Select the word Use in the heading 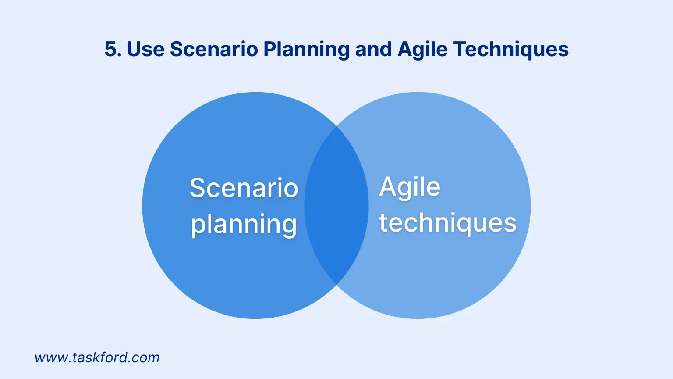tap(146, 49)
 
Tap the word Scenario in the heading tap(214, 49)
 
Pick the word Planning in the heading tap(306, 50)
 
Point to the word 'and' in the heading tap(373, 49)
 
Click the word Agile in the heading tap(422, 50)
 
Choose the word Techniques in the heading tap(511, 50)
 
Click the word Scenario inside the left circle tap(244, 188)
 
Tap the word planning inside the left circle tap(244, 225)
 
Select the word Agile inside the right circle tap(410, 188)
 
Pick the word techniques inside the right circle tap(448, 223)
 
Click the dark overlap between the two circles tap(336, 205)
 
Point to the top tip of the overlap tap(336, 127)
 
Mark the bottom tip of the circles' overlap tap(336, 284)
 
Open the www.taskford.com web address tap(97, 358)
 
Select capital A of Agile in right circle tap(388, 186)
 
